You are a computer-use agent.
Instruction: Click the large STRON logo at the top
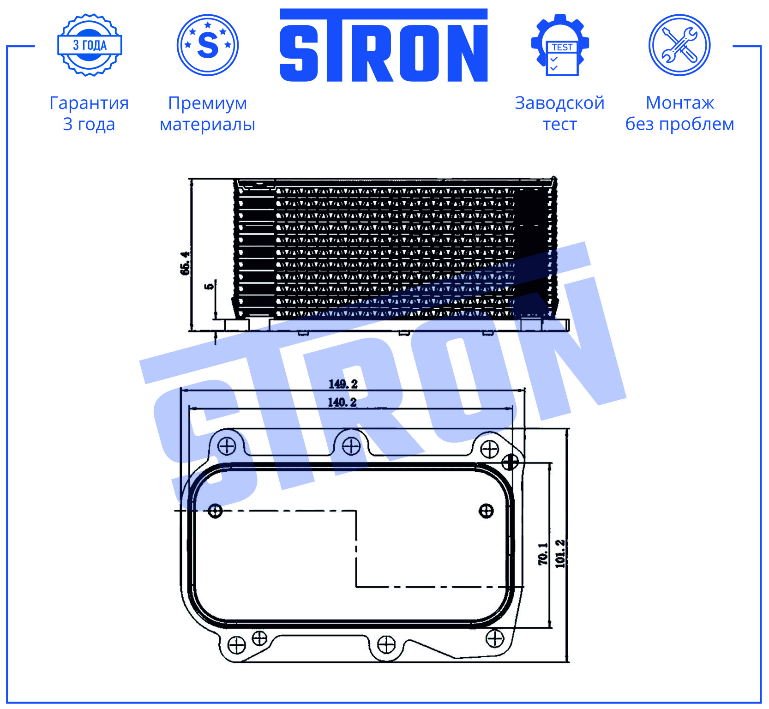pos(384,45)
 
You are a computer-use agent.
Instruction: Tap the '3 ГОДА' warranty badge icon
pos(90,45)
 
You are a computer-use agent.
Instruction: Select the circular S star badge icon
pos(208,45)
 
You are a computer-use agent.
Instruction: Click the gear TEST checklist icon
pos(560,45)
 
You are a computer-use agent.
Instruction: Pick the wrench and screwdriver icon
pos(679,45)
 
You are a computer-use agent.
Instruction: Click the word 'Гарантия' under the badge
pos(89,103)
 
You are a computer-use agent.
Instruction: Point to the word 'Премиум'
pos(208,103)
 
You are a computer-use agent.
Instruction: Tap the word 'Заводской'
pos(559,103)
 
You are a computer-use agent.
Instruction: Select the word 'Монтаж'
pos(680,103)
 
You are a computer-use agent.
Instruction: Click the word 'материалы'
pos(208,124)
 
